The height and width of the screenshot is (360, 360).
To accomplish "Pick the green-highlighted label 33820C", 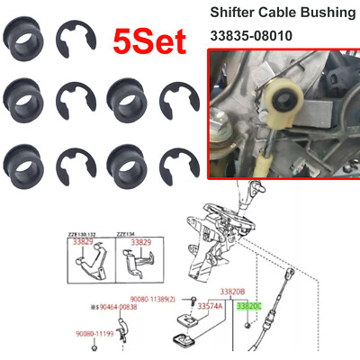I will tap(251, 305).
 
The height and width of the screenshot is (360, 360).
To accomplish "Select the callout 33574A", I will tap(210, 306).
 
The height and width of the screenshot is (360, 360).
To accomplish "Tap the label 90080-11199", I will tap(94, 332).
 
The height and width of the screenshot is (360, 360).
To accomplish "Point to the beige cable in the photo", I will tap(267, 144).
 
